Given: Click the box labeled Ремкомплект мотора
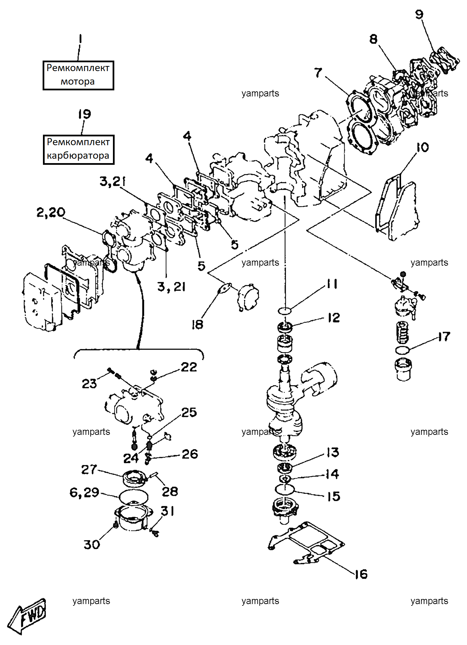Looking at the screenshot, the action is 78,75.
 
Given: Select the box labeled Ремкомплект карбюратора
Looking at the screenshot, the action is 78,149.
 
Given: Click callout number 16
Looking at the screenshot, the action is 361,574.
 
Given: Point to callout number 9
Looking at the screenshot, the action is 419,14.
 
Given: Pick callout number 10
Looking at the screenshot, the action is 422,147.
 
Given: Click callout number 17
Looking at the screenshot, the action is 444,337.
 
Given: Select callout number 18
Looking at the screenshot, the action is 197,325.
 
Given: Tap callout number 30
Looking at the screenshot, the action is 92,544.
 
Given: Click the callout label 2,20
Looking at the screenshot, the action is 51,213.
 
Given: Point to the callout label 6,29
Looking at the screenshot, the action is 84,493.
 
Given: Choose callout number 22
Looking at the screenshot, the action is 189,367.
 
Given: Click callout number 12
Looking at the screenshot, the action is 334,318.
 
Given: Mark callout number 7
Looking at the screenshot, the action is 318,73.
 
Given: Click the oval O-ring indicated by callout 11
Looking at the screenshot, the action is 285,310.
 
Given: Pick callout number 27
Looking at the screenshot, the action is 89,469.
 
